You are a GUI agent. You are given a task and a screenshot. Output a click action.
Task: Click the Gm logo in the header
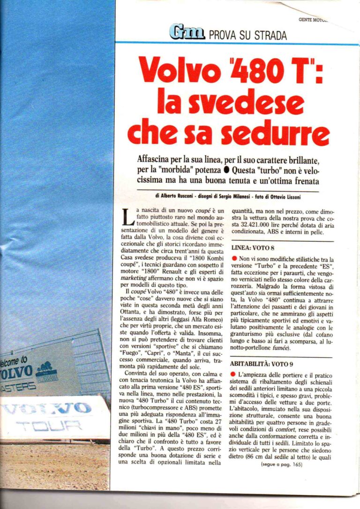[187, 32]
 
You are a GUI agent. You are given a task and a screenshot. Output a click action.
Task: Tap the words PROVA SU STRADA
[247, 35]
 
